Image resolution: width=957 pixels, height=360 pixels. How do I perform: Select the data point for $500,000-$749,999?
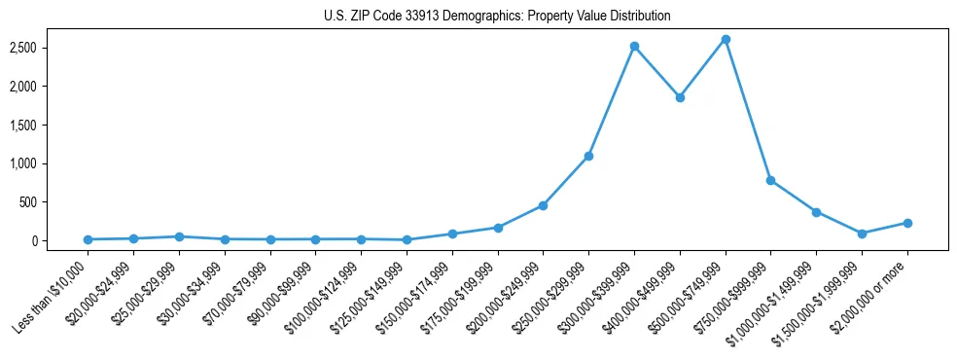726,39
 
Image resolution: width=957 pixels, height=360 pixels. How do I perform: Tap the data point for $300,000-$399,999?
634,46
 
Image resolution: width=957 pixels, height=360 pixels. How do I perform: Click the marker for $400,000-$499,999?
680,97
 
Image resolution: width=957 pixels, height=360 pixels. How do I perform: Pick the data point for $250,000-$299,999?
588,156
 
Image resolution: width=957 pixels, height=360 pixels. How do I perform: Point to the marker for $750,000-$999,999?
770,180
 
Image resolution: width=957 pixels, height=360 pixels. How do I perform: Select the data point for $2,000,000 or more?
907,223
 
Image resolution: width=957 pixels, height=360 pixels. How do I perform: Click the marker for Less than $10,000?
88,239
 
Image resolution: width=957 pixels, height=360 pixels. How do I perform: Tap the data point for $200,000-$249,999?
543,205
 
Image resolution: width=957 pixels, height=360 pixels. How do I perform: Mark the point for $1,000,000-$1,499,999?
816,212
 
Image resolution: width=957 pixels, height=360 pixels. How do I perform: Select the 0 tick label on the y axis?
59,241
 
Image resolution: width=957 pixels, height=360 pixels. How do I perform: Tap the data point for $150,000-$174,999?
452,234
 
